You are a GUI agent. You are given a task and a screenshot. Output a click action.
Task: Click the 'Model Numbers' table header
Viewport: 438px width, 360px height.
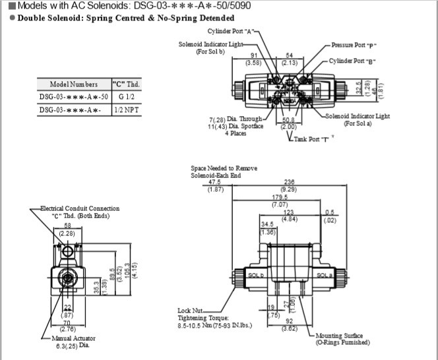[73, 84]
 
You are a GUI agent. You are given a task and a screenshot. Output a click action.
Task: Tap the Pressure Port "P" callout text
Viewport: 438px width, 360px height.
[354, 45]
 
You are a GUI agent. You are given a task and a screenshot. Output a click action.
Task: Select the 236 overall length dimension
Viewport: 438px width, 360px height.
[288, 183]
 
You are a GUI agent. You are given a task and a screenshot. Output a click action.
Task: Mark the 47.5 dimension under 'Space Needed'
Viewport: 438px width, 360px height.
[215, 183]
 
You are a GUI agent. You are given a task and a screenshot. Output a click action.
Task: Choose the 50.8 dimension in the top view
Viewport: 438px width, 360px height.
[288, 120]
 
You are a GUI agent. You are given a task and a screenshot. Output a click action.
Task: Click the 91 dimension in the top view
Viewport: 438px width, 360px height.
[253, 56]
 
